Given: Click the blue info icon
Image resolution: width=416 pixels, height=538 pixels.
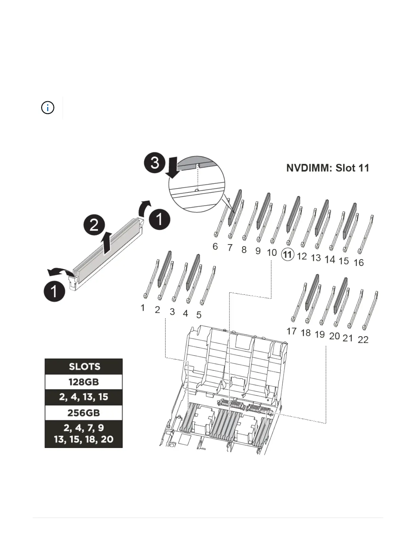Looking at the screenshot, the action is coord(48,108).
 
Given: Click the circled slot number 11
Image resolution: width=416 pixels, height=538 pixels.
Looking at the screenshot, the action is coord(288,254).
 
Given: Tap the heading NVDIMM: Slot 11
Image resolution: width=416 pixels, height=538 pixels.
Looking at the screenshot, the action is coord(328,168).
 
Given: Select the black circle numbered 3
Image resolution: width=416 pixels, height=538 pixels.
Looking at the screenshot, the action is coord(155,162).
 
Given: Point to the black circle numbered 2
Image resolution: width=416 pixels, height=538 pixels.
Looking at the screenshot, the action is coord(94,225).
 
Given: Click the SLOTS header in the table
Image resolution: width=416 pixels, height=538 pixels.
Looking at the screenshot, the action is coord(84,366).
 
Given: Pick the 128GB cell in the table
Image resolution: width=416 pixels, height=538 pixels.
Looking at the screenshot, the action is coord(84,382).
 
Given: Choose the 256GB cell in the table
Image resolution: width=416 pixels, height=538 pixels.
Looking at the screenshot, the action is coord(84,413).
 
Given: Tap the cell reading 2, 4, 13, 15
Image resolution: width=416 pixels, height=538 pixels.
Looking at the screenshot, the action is coord(84,397).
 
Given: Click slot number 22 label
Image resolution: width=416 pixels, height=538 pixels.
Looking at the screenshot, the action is coord(363,340).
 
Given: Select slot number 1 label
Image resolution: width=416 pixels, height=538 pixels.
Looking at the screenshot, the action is coord(143,308).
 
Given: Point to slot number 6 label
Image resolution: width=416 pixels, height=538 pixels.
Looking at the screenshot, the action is coord(215,246).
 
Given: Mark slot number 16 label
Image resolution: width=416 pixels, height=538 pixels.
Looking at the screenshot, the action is coord(359,263).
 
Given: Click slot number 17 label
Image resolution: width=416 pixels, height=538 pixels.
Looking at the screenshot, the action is coord(291,331).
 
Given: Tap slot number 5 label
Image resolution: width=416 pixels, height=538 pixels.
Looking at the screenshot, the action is coord(199,315).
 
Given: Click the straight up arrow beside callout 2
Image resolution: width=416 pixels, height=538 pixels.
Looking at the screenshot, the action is coord(107,243).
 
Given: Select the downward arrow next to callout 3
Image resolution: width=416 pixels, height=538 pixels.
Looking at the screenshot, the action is coord(174,169).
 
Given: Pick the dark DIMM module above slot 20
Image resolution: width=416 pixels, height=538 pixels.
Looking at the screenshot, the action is coord(341,295).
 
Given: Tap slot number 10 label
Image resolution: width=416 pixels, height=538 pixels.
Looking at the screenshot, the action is coord(272,253).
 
